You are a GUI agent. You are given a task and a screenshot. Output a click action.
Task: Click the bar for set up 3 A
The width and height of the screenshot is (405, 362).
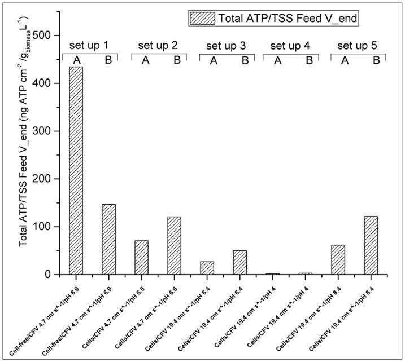[x=207, y=268]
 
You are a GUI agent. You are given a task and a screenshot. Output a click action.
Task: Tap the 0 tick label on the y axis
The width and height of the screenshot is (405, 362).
[x=56, y=275]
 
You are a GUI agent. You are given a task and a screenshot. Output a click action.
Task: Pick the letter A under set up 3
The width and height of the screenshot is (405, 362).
[x=214, y=60]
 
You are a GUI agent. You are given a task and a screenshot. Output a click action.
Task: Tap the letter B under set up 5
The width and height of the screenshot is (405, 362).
[x=376, y=60]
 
